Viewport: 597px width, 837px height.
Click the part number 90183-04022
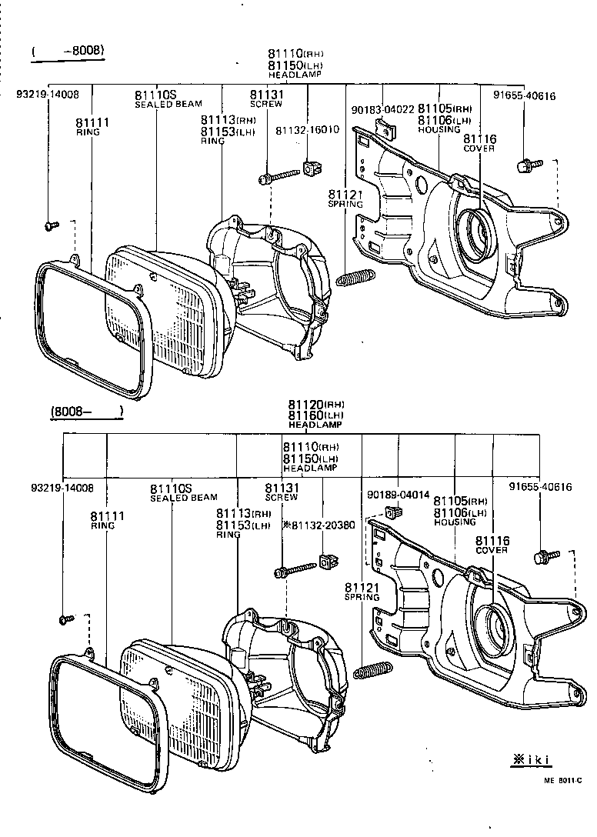click(x=382, y=109)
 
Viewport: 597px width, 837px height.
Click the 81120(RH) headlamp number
click(x=316, y=405)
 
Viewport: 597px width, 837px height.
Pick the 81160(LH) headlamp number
click(x=316, y=415)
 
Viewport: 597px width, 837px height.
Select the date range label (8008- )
click(x=87, y=412)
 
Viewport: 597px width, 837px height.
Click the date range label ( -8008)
click(x=68, y=52)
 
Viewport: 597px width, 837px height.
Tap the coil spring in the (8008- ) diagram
click(x=373, y=669)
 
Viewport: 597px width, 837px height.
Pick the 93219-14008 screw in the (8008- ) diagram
click(x=65, y=618)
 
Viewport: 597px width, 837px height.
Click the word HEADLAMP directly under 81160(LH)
click(x=315, y=425)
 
